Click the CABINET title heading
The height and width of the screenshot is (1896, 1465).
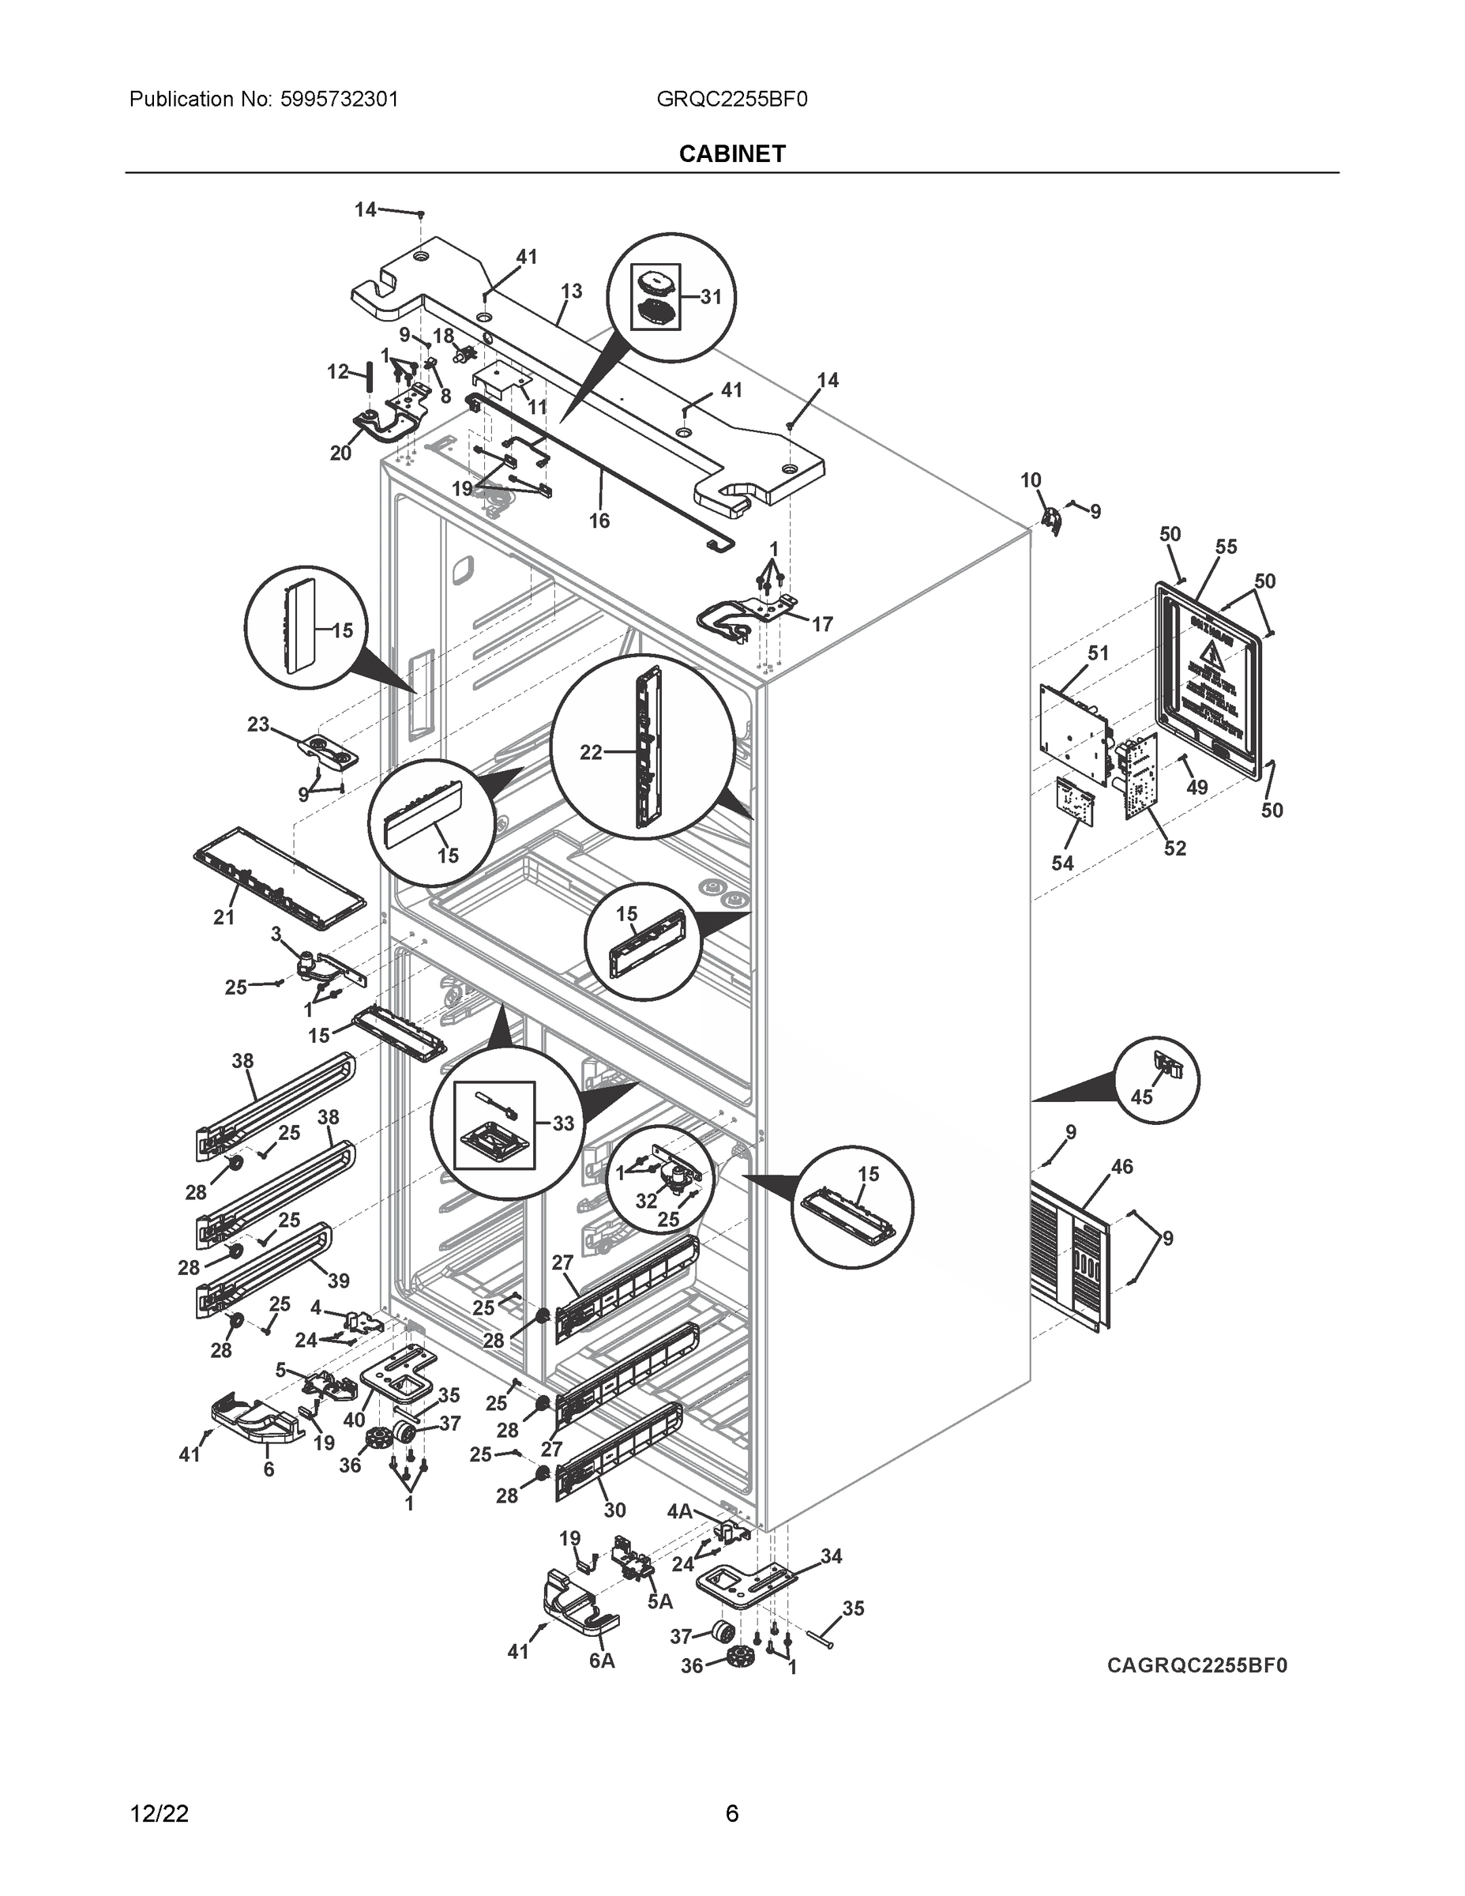[731, 154]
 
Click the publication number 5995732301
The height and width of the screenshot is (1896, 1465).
[339, 99]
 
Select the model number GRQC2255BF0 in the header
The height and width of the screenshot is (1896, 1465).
[731, 99]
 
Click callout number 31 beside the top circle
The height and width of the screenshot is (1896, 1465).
[711, 297]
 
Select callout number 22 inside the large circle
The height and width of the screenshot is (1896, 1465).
[591, 753]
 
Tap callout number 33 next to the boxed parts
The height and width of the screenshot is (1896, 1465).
[563, 1123]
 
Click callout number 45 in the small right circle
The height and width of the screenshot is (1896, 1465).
[1141, 1097]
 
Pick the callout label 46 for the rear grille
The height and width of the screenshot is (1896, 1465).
[1122, 1167]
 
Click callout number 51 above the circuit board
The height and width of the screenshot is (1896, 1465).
[1099, 653]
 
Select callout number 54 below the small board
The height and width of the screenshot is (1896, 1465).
[1062, 863]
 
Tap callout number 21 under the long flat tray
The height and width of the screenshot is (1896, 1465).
[224, 916]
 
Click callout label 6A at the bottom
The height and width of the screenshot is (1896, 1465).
[602, 1661]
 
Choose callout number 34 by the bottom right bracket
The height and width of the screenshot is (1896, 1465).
[831, 1556]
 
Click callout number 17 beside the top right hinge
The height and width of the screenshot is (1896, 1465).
[822, 624]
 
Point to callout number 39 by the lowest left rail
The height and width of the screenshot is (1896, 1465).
[339, 1281]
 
